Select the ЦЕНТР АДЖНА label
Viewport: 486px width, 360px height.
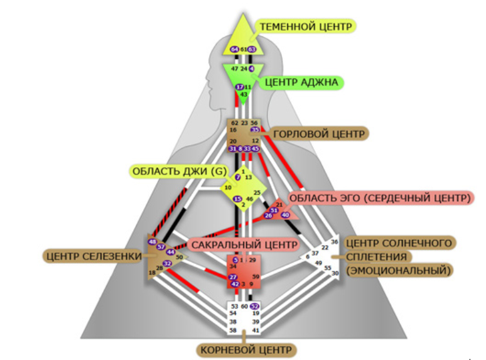coord(301,82)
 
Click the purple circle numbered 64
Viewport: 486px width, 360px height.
coord(234,49)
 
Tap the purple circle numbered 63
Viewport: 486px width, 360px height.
coord(252,49)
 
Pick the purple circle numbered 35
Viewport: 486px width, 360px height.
coord(255,130)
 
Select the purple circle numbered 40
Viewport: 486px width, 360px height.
coord(285,215)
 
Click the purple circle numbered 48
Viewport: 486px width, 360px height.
coord(152,242)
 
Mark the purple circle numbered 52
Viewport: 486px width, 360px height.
coord(255,306)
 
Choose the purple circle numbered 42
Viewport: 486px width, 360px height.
coord(235,284)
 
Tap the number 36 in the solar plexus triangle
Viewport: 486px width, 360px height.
coord(335,242)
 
